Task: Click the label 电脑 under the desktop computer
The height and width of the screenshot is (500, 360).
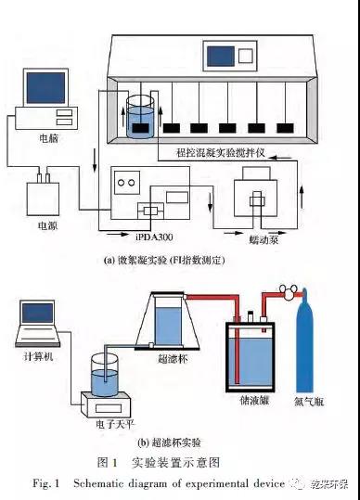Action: point(49,138)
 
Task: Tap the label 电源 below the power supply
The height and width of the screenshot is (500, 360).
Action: point(48,225)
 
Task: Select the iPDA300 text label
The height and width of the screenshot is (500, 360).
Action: point(153,237)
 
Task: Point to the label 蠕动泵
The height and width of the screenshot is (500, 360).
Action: point(264,239)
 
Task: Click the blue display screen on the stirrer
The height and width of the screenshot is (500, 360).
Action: point(221,57)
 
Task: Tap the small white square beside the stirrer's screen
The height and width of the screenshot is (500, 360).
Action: point(246,56)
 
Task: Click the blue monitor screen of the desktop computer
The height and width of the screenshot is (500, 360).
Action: point(45,88)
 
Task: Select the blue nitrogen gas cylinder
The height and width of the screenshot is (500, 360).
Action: point(304,341)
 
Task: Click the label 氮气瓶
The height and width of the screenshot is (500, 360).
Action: point(308,402)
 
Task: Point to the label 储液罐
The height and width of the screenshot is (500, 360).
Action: point(254,401)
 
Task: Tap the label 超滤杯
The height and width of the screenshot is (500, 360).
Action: point(173,359)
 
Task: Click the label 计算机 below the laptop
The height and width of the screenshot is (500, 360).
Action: point(38,356)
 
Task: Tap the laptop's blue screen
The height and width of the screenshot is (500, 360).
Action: point(38,313)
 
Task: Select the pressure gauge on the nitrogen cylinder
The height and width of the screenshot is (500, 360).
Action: point(287,291)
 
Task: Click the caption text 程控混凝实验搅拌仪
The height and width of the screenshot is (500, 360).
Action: point(221,152)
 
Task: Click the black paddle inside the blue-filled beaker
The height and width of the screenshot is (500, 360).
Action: point(140,128)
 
